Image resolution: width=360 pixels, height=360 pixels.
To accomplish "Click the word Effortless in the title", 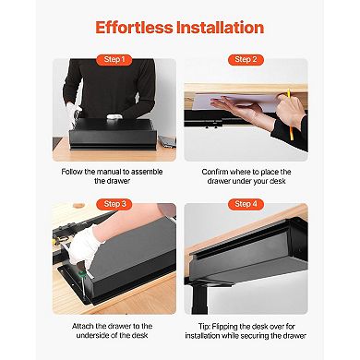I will click(x=136, y=27).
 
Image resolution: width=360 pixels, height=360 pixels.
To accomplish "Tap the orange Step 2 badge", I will click(x=245, y=59).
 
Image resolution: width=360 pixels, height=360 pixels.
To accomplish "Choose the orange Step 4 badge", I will click(x=245, y=203).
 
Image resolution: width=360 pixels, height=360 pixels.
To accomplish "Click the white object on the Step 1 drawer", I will click(x=110, y=118).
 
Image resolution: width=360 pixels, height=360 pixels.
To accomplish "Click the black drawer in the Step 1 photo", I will click(x=111, y=138).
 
